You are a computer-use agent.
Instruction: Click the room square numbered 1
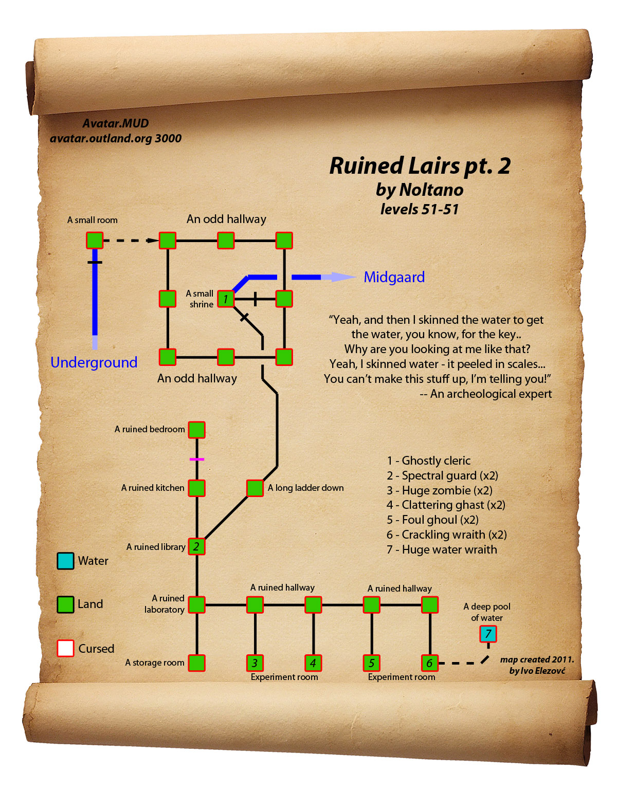[x=225, y=299]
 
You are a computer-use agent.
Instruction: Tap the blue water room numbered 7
[x=487, y=634]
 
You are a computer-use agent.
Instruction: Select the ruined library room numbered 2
[x=196, y=546]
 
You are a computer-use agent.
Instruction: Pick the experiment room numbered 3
[x=255, y=663]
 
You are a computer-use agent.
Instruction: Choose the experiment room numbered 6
[x=429, y=663]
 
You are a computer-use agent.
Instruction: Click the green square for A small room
[x=95, y=241]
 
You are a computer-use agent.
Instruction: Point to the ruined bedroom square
[x=196, y=430]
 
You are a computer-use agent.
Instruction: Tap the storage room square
[x=196, y=663]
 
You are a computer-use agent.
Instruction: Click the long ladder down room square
[x=255, y=488]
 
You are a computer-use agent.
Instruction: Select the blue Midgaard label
[x=394, y=278]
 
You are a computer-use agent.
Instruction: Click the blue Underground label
[x=94, y=362]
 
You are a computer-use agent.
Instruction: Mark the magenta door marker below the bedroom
[x=197, y=459]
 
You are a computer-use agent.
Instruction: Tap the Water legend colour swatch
[x=65, y=561]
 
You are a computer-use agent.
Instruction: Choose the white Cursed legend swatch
[x=65, y=649]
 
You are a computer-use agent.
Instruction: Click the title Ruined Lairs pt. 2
[x=420, y=166]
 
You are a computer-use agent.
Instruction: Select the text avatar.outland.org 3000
[x=116, y=138]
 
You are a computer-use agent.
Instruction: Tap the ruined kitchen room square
[x=196, y=488]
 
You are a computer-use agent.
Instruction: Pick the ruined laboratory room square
[x=196, y=605]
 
